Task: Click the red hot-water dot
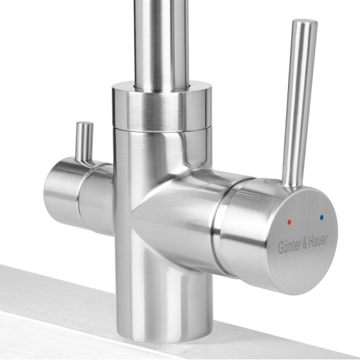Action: tap(289, 222)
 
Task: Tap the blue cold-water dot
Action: tap(321, 217)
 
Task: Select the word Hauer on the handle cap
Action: tap(318, 242)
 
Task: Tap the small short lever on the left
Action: tap(85, 142)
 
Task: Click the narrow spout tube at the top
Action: tap(161, 44)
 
